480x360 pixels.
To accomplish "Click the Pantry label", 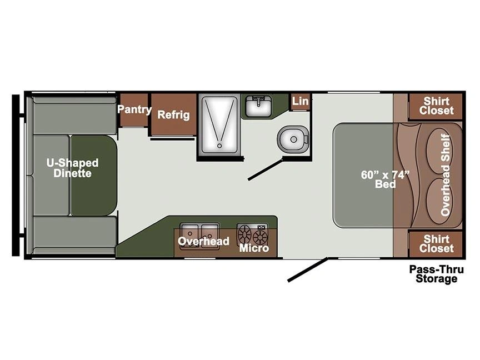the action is coord(134,109).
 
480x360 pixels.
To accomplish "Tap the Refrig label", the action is coord(173,115).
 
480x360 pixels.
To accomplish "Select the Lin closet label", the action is coord(300,101).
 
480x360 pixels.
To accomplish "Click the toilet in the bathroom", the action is coord(293,139).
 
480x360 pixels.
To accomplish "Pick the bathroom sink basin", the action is coord(259,106).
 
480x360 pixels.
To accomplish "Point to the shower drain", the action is coord(219,146).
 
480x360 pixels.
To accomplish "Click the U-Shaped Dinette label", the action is coord(73,168).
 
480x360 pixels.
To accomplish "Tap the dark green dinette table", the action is coord(94,175).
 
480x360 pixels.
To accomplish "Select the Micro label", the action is coord(254,248).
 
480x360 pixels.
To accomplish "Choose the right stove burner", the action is coord(260,237).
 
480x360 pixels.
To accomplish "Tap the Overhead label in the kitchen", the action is coord(203,241).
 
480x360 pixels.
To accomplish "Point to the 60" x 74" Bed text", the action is coord(385,179).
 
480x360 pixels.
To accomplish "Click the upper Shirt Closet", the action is coord(436,106).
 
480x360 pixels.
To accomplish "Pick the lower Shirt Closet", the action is coord(436,244).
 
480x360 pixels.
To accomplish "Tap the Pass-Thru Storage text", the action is coord(437,274).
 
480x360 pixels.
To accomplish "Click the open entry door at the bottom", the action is coord(308,269).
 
